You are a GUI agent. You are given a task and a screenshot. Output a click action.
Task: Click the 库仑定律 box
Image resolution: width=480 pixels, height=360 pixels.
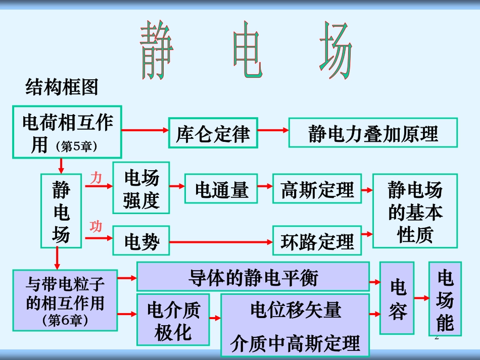[x=213, y=133]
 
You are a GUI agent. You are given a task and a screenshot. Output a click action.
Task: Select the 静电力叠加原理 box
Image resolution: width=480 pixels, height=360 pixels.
[x=373, y=133]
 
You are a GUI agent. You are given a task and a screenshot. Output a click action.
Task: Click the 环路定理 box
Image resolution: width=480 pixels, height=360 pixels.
[x=317, y=241]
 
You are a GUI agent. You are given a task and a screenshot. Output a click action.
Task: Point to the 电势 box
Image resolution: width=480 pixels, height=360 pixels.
[x=141, y=241]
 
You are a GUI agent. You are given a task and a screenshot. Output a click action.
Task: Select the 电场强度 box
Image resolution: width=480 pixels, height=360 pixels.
[x=141, y=188]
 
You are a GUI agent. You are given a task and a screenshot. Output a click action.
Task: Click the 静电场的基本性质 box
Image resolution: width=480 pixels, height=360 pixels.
[x=415, y=211]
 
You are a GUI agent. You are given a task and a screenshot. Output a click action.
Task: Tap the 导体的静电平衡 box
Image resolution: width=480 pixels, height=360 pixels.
[x=253, y=277]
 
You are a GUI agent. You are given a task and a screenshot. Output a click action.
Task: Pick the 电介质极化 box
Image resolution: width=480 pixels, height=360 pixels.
[x=173, y=320]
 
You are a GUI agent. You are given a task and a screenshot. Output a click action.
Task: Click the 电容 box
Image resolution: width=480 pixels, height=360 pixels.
[x=397, y=298]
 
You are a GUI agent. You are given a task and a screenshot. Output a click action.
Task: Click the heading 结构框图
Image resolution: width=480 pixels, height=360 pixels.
[x=62, y=88]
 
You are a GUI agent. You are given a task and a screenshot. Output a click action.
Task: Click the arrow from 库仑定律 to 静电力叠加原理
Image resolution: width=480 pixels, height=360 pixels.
[x=273, y=130]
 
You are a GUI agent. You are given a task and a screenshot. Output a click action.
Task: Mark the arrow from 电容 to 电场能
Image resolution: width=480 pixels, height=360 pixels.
[x=421, y=299]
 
